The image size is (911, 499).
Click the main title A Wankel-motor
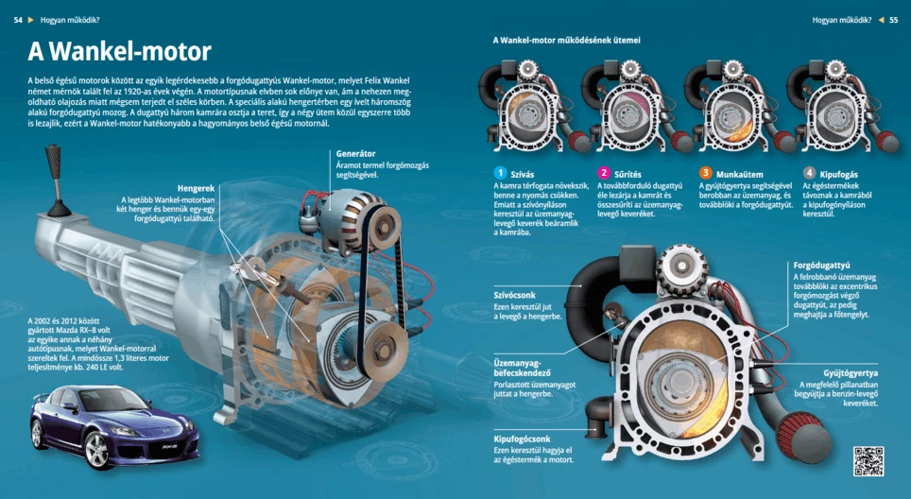(118, 51)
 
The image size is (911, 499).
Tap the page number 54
(18, 19)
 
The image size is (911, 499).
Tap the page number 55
(893, 19)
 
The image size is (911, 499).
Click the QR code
(868, 460)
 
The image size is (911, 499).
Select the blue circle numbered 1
(501, 173)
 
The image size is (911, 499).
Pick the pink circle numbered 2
(604, 173)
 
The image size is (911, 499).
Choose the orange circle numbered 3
(706, 173)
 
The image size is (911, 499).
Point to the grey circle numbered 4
(809, 173)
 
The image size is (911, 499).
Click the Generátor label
(355, 153)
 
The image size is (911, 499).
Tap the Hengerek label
(196, 188)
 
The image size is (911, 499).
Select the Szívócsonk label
(515, 295)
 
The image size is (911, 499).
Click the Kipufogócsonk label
(522, 439)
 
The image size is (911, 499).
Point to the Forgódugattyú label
(821, 265)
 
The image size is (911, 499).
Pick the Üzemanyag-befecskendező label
(522, 368)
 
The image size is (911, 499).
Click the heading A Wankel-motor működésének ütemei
(566, 41)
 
